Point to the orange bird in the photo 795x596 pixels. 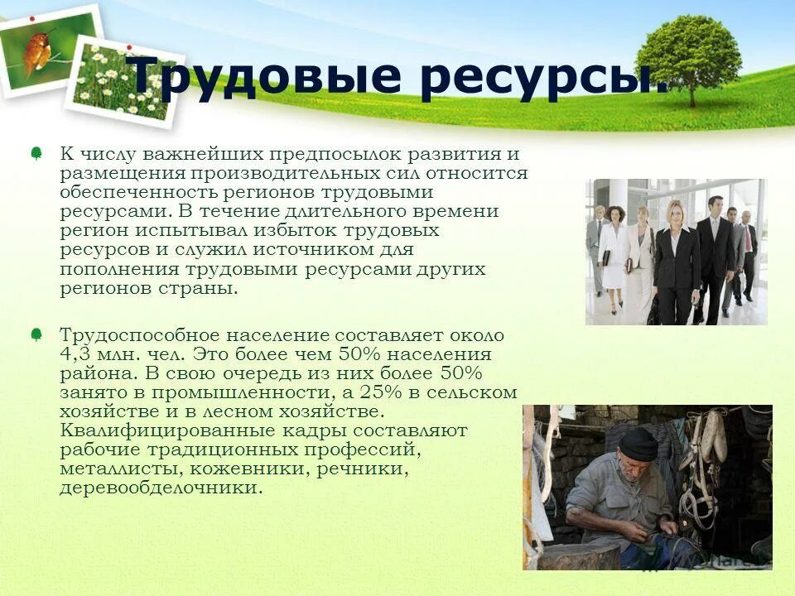(x=37, y=50)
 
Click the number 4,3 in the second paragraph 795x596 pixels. (x=76, y=354)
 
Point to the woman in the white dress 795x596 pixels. (x=614, y=252)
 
